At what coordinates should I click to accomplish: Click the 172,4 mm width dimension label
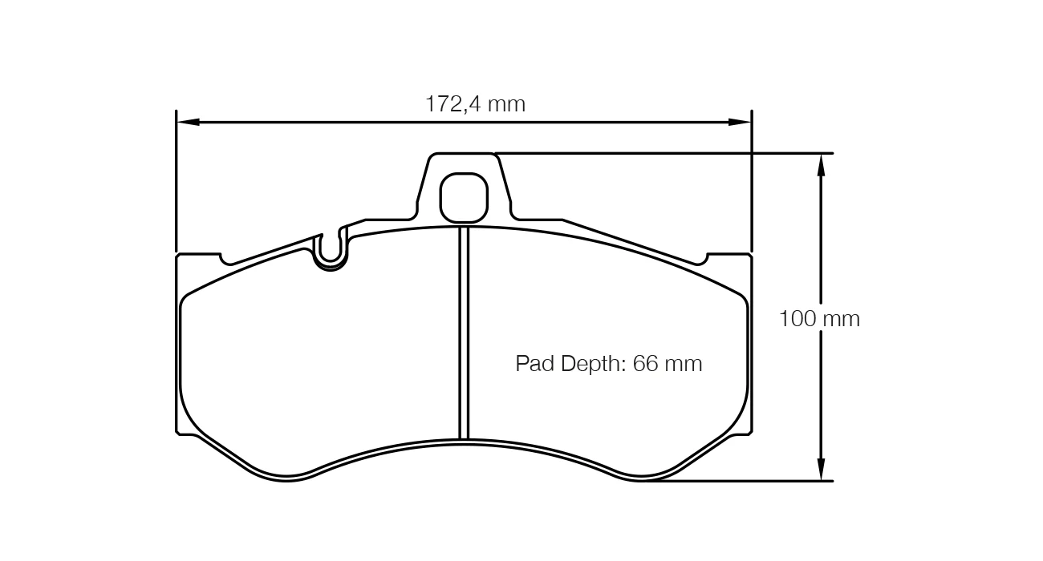pyautogui.click(x=475, y=104)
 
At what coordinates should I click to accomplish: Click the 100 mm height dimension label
pyautogui.click(x=819, y=319)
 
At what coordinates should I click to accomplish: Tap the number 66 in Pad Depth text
pyautogui.click(x=644, y=363)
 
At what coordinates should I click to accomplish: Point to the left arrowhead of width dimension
pyautogui.click(x=188, y=122)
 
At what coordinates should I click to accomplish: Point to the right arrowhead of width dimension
pyautogui.click(x=740, y=122)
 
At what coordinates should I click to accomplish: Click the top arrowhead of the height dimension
pyautogui.click(x=821, y=164)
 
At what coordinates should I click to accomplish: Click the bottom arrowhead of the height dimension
pyautogui.click(x=821, y=470)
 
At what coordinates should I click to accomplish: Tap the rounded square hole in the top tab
pyautogui.click(x=464, y=198)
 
